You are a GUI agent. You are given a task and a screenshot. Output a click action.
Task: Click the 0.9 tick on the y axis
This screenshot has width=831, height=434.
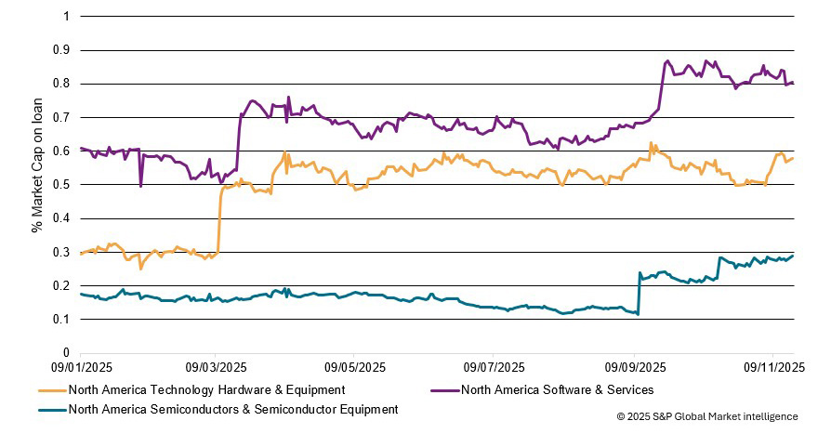click(64, 50)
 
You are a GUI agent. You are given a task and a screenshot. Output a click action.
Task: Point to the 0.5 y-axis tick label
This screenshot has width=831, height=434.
click(64, 185)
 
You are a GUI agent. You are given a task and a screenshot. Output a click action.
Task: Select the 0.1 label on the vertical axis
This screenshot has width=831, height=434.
click(64, 320)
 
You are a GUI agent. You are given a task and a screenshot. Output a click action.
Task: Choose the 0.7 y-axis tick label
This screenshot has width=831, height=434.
click(64, 118)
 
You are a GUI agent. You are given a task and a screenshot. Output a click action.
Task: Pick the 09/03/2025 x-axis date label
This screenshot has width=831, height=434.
click(216, 367)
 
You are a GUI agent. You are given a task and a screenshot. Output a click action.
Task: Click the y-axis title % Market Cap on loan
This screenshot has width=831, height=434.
click(38, 185)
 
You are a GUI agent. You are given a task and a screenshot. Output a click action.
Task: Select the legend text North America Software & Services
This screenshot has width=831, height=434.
click(557, 389)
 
